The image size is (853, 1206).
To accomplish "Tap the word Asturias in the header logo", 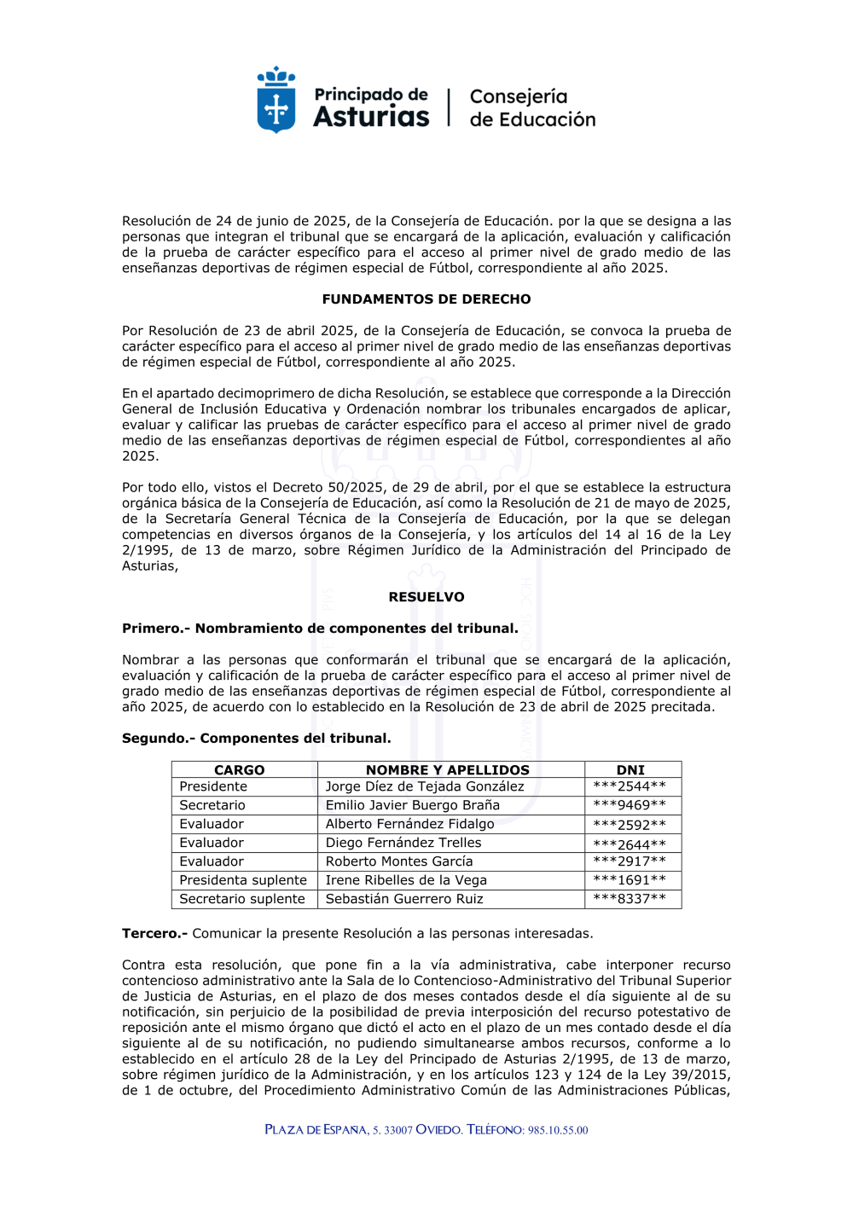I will (371, 116).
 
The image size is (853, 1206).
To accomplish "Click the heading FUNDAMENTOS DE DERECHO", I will (426, 299).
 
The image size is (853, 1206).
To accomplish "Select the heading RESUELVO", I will (426, 597).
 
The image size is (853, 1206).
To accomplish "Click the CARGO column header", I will (240, 770).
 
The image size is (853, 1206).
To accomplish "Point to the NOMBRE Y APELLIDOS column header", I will (448, 770).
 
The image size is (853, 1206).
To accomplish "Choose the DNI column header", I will (630, 770).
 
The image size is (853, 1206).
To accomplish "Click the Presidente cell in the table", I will (213, 786).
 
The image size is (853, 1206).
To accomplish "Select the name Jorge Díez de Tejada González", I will (425, 786).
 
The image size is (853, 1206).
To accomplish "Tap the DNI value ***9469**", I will (630, 806).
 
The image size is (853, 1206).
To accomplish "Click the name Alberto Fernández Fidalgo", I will (409, 824).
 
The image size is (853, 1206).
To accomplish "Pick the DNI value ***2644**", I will (630, 844).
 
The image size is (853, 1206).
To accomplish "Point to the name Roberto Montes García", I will (398, 861).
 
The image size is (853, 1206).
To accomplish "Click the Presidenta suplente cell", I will (243, 880).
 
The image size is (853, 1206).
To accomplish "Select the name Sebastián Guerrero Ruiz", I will (404, 899).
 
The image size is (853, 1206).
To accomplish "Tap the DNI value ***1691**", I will (630, 880).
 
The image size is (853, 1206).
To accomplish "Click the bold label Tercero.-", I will (154, 934).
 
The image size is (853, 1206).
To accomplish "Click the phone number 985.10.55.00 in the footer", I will (558, 1131).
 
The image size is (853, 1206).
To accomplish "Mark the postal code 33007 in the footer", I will (398, 1131).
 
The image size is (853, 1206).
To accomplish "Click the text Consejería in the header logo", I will (519, 96).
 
